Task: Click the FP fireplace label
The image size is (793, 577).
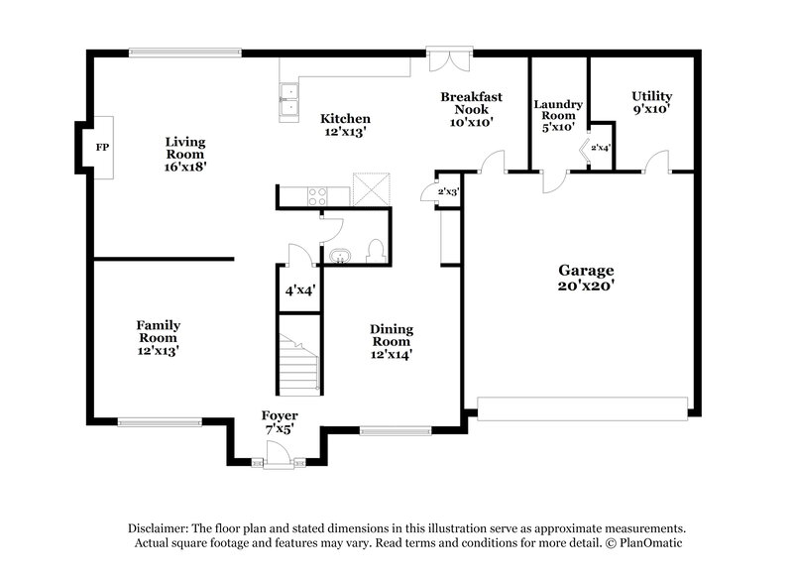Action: [101, 148]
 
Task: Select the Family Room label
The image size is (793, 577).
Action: [158, 337]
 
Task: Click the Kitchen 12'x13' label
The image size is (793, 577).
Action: [345, 125]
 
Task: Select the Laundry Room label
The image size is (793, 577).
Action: [558, 115]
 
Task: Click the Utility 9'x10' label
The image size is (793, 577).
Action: [651, 103]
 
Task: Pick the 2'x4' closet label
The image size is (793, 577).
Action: [601, 148]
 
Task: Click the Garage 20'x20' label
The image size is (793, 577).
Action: [586, 278]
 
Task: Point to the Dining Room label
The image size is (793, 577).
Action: [392, 341]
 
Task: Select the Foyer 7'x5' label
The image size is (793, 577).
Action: [280, 422]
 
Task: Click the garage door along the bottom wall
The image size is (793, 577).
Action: [582, 406]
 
